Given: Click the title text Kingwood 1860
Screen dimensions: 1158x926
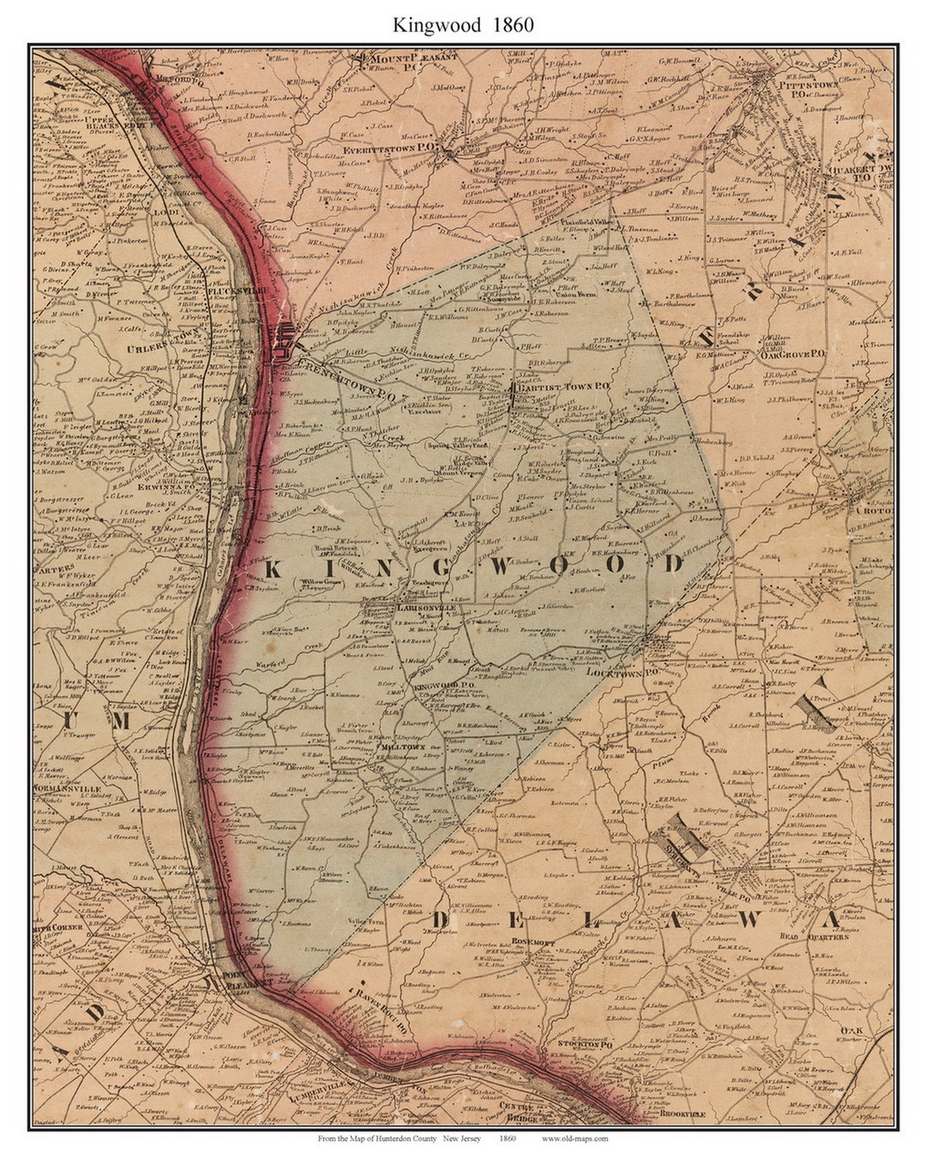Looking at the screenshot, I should coord(463,25).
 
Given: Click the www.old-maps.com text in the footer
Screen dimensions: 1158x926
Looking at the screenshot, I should coord(574,1138).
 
